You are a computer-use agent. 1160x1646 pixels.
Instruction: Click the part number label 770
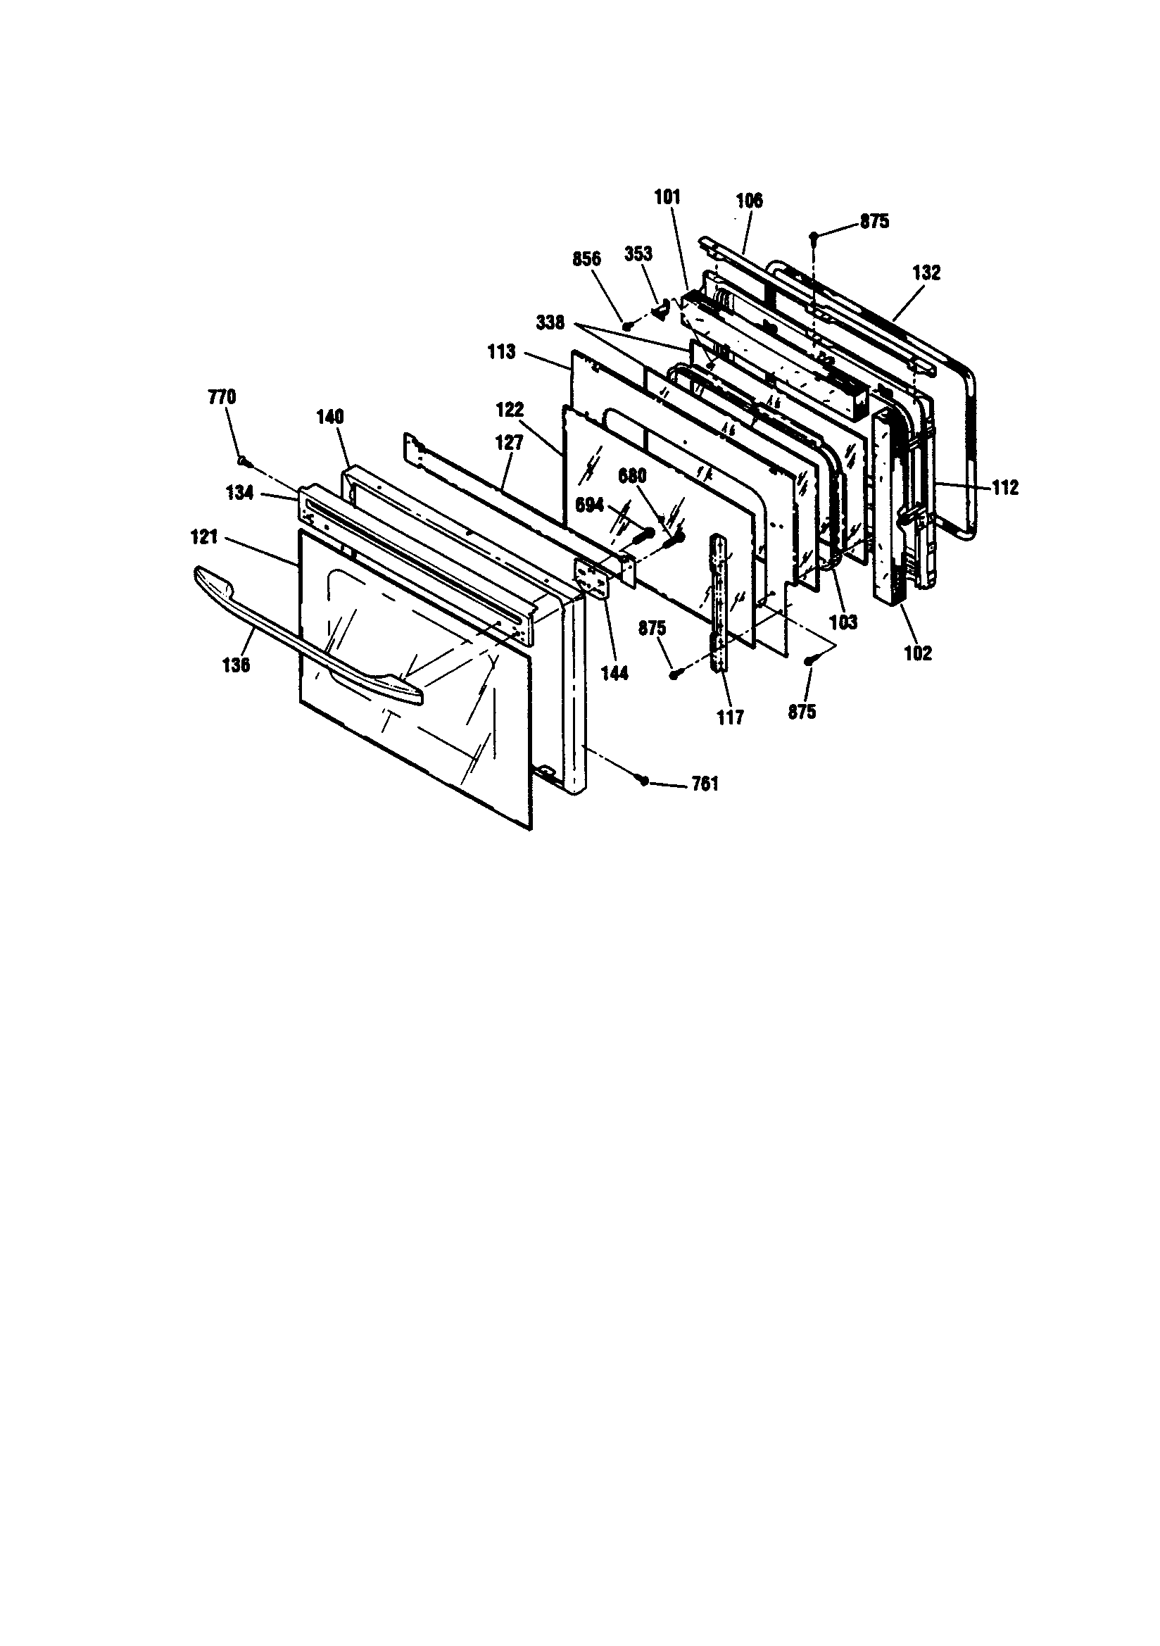tap(222, 397)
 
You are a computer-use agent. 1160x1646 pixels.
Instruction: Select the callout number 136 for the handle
tap(236, 665)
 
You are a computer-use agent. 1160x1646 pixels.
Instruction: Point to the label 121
tap(204, 536)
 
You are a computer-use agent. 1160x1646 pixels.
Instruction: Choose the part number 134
tap(240, 494)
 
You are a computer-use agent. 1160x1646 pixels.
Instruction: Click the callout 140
tap(330, 417)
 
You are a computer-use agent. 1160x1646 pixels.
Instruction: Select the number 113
tap(501, 352)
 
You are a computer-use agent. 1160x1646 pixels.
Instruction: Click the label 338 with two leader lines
tap(550, 323)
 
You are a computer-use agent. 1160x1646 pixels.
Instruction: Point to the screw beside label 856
tap(627, 325)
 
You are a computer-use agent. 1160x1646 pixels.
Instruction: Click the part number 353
tap(638, 254)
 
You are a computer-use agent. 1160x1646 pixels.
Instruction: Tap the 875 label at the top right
tap(874, 222)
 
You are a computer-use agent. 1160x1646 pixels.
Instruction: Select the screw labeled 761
tap(644, 781)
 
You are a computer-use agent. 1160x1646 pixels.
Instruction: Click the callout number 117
tap(730, 716)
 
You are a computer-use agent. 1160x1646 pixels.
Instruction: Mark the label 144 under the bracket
tap(614, 672)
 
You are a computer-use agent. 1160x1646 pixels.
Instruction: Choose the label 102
tap(918, 653)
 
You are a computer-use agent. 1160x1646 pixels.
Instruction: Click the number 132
tap(926, 272)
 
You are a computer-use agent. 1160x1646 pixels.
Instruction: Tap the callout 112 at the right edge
tap(1004, 487)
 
